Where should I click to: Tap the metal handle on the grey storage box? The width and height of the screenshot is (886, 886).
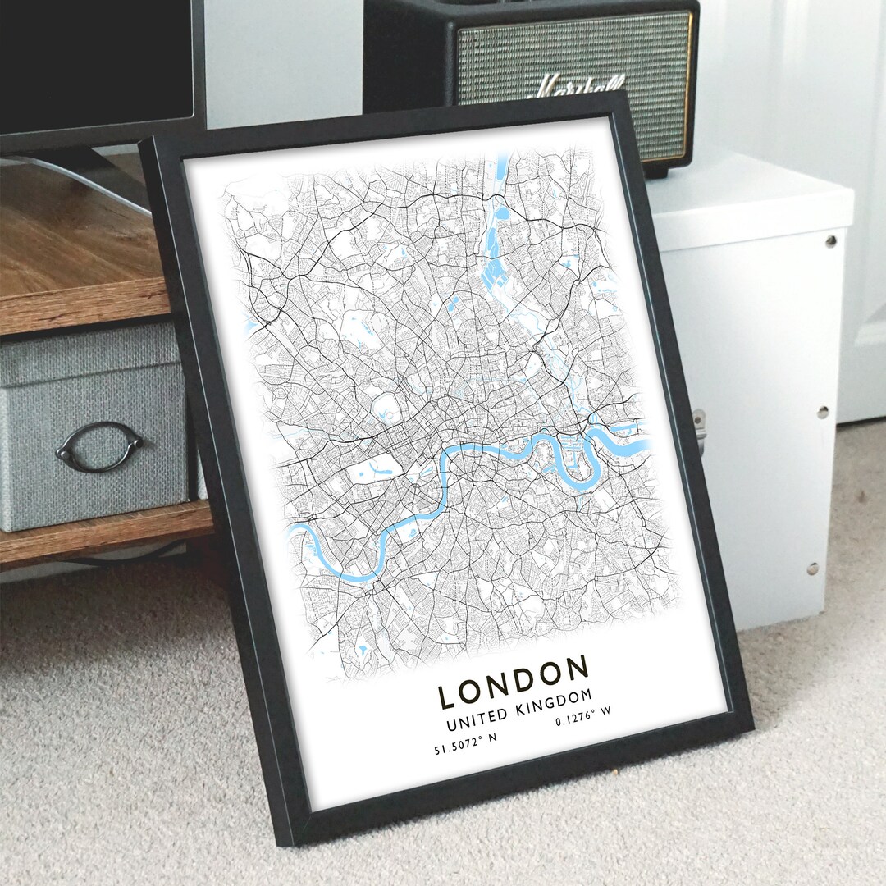(98, 445)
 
